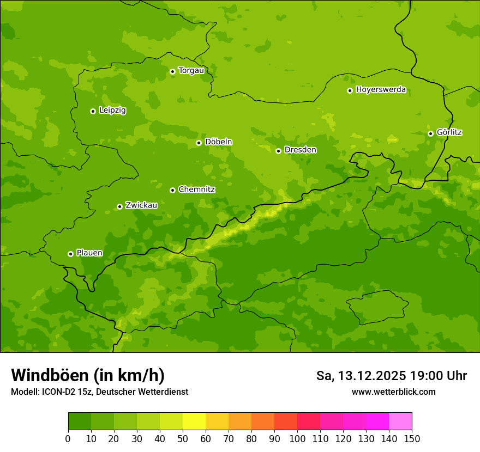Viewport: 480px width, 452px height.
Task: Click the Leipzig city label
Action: coord(112,111)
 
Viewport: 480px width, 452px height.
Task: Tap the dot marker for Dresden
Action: coord(278,151)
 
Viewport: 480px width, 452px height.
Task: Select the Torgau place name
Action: coord(191,71)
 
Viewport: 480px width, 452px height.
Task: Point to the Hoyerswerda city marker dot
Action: coord(350,90)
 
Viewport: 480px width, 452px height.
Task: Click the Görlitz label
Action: coord(449,132)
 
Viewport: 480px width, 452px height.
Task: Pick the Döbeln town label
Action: coord(218,142)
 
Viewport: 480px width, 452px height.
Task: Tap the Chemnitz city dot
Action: coord(172,190)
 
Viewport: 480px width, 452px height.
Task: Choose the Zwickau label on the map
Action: coord(141,205)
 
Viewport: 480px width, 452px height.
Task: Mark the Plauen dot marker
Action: coord(70,254)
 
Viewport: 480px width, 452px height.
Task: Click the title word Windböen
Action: coord(50,375)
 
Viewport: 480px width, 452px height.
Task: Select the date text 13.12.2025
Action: coord(372,376)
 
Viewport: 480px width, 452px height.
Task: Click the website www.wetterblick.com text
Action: coord(393,392)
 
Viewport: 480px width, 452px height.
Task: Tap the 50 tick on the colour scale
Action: coord(183,438)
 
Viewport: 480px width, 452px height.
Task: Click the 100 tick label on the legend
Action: coord(297,438)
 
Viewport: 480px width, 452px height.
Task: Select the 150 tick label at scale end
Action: coord(412,438)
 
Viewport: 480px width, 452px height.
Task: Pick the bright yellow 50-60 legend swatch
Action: coord(194,421)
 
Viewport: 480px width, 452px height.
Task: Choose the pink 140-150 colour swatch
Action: coord(400,421)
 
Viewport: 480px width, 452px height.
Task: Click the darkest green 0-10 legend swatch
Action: coord(80,421)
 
